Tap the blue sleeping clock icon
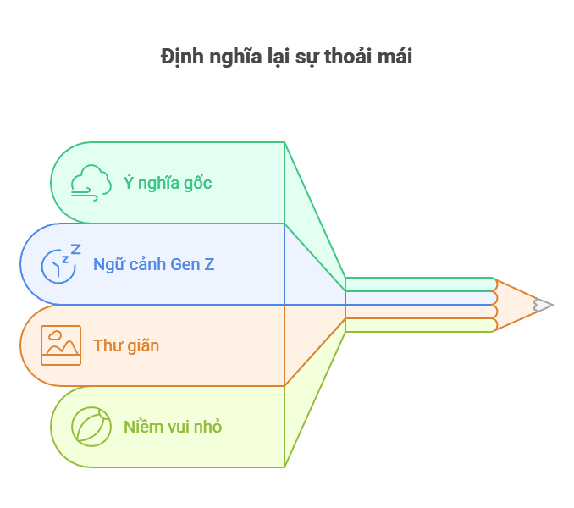(x=61, y=264)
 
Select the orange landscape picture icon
(x=61, y=345)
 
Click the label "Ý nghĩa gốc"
(x=168, y=183)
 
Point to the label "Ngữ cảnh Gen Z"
(x=153, y=264)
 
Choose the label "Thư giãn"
(x=126, y=345)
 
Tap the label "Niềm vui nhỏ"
(x=173, y=427)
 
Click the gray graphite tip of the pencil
(x=544, y=305)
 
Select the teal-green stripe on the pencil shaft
(x=420, y=284)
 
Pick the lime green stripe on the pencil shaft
(x=420, y=325)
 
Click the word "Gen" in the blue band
(x=185, y=264)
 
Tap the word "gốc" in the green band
(x=196, y=183)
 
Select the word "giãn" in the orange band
(x=142, y=345)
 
